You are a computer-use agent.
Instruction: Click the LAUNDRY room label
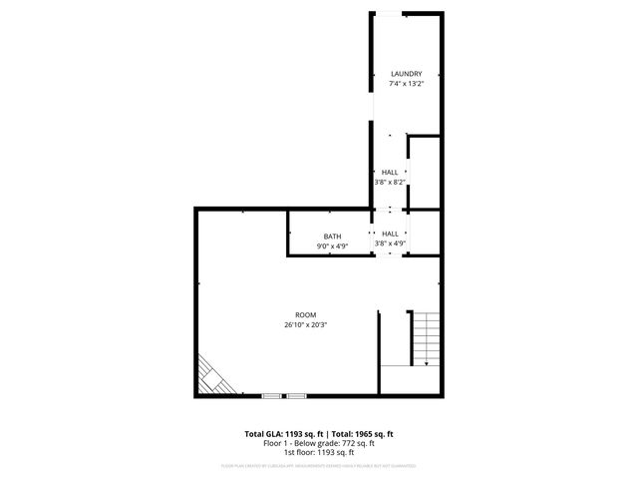coord(406,74)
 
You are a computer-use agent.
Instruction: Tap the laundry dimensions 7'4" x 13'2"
coord(406,84)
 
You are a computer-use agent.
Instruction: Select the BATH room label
coord(332,236)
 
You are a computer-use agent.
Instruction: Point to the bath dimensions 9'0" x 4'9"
coord(332,245)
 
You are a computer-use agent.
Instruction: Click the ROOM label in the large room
coord(305,314)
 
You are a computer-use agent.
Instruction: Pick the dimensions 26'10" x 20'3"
coord(305,324)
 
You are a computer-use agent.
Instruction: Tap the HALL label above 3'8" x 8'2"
coord(389,173)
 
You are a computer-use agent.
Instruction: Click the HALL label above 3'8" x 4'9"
coord(390,233)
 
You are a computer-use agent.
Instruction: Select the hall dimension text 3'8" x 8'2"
coord(389,183)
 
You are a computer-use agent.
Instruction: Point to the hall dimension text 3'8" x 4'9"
coord(390,242)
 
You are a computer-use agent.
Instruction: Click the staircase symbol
coord(426,339)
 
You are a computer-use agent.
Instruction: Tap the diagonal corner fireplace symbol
coord(212,378)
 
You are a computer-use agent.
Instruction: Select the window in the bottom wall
coord(284,396)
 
